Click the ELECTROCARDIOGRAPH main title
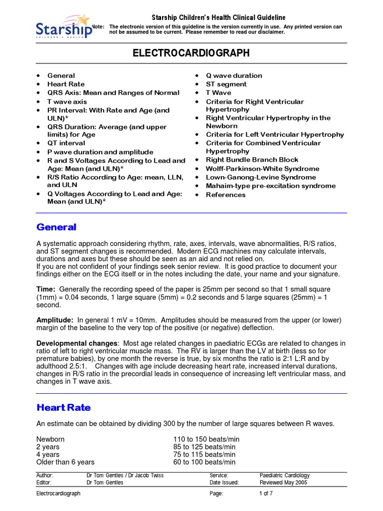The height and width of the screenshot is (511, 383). coord(191,53)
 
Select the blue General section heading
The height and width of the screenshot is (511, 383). coord(56,228)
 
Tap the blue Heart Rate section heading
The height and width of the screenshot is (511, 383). coord(64,408)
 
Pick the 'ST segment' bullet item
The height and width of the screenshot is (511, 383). coord(226,84)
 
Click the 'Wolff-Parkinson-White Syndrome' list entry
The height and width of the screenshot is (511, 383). coord(263,169)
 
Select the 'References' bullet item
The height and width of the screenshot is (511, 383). coord(226,195)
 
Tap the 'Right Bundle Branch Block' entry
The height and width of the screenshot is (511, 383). coord(252,160)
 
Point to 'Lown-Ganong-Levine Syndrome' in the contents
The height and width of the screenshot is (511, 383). coord(261,177)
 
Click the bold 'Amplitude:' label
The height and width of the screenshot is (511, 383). coord(55,319)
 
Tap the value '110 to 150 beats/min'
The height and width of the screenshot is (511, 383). coord(206,439)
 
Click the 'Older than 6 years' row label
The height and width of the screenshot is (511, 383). coord(65,462)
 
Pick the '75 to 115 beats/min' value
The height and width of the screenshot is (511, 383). coord(204,455)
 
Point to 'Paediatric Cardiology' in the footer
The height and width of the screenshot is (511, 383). coord(285,476)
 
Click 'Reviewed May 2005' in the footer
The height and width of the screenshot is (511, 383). coord(283,483)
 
